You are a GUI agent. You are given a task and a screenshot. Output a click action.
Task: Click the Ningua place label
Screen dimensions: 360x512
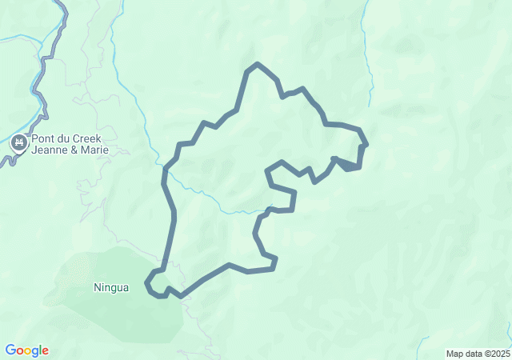(111, 287)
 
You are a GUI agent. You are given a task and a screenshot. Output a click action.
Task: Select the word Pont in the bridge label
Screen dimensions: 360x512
(43, 138)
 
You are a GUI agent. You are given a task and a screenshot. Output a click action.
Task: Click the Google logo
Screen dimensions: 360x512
(26, 350)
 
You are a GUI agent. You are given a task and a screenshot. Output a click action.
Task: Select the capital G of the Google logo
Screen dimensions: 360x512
(10, 350)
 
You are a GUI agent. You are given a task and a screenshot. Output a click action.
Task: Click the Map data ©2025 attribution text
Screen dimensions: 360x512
(477, 354)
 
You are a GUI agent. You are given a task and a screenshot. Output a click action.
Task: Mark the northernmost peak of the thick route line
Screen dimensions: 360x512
(256, 63)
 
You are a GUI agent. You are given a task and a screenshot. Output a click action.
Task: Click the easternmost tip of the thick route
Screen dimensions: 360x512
(366, 145)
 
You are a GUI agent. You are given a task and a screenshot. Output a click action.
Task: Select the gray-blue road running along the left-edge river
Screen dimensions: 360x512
(40, 88)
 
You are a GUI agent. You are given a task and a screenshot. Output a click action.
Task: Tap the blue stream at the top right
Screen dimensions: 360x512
(370, 72)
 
